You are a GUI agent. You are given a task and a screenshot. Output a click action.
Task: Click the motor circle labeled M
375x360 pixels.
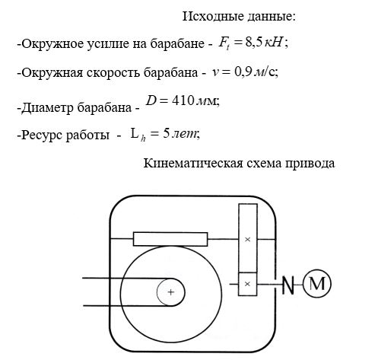click(317, 284)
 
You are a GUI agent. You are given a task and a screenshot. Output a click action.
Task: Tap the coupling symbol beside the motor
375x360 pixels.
click(288, 285)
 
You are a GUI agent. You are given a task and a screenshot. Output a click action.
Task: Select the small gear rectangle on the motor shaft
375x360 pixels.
click(247, 284)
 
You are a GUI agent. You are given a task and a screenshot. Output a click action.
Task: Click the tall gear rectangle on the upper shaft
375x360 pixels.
click(248, 238)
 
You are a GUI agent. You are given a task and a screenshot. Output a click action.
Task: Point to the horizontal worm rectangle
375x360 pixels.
click(170, 239)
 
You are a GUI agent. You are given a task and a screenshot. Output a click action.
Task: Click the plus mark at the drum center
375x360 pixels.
click(171, 292)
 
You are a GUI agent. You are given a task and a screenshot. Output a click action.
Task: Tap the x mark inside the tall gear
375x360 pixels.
click(248, 239)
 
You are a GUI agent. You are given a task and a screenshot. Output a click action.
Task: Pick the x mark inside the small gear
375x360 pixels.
click(248, 284)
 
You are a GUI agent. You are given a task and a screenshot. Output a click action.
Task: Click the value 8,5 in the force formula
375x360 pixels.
click(253, 43)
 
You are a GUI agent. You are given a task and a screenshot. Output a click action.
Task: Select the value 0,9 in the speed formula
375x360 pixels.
click(243, 72)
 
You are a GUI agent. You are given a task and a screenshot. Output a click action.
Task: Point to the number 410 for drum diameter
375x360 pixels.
click(183, 100)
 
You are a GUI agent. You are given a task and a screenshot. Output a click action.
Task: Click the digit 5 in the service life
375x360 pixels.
click(166, 133)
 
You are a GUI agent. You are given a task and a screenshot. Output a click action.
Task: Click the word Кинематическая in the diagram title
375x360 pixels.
click(193, 164)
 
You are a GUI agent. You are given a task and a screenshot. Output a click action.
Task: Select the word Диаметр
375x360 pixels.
click(47, 107)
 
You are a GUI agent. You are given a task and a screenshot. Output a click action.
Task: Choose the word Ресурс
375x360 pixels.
click(42, 135)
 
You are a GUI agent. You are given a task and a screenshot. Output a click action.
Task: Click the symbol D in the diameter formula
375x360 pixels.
click(151, 100)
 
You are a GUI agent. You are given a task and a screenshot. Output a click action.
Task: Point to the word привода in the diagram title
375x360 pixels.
click(310, 164)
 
